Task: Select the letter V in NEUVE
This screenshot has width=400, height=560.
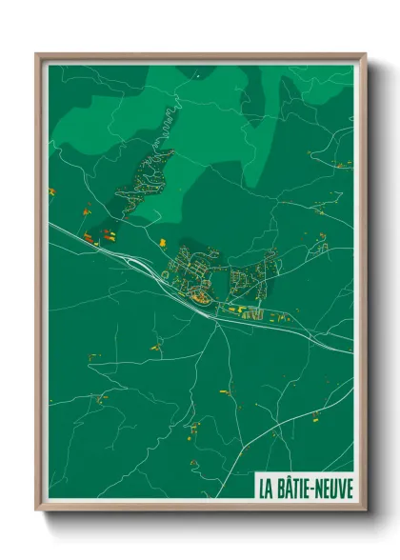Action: click(340, 487)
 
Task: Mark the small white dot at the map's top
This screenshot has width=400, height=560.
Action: click(197, 73)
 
